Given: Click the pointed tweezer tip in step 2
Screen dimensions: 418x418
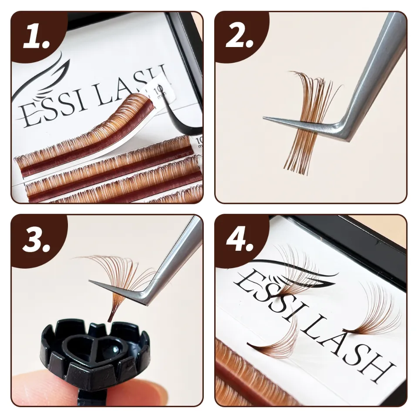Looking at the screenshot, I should click(266, 118).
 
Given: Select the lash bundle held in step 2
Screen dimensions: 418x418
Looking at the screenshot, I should click(309, 122).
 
